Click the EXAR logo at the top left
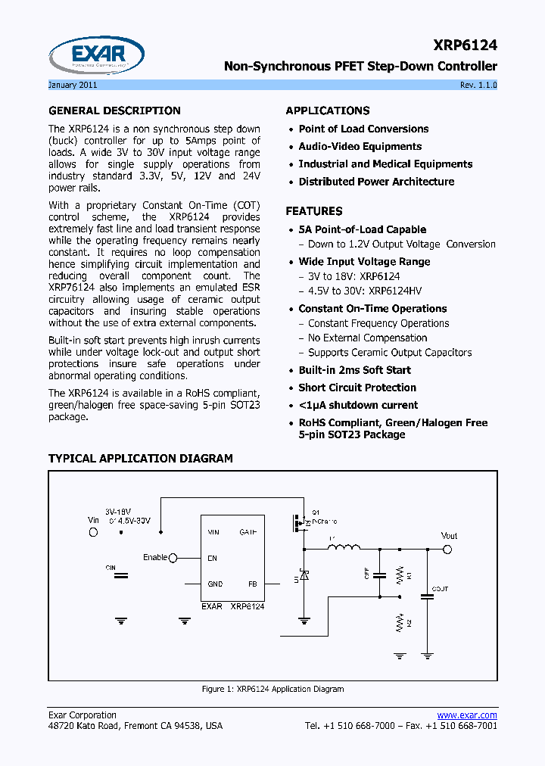(96, 54)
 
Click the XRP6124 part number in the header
(466, 45)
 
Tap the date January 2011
(73, 85)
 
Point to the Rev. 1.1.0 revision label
(478, 85)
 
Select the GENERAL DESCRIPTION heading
(114, 111)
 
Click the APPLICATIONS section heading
(327, 111)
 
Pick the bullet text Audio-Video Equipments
(360, 147)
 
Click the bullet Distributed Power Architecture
(376, 182)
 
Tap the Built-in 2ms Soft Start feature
(354, 370)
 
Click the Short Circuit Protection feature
(357, 388)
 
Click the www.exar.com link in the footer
(467, 715)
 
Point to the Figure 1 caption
(272, 689)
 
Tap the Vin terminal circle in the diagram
(94, 532)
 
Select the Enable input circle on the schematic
(173, 558)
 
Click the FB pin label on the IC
(253, 584)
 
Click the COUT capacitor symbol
(427, 596)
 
